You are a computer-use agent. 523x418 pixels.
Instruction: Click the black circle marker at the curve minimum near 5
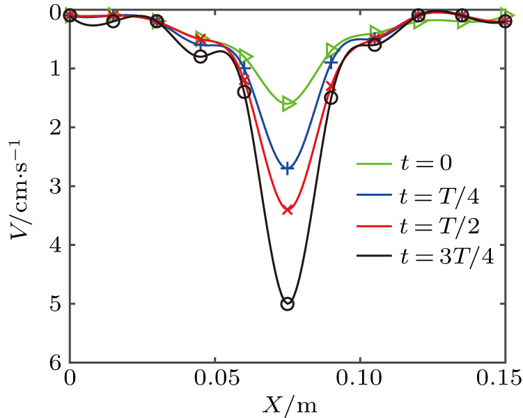(x=287, y=304)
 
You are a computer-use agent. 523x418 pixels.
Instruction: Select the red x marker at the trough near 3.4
(x=287, y=209)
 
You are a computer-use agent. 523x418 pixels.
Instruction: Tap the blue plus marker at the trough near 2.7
(x=287, y=168)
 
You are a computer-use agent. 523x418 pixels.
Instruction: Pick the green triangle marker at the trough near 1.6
(x=288, y=104)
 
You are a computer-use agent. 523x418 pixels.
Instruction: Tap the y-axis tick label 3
(x=54, y=186)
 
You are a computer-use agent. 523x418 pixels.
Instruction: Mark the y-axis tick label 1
(x=54, y=68)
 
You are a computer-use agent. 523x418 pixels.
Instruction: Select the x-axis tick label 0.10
(x=359, y=380)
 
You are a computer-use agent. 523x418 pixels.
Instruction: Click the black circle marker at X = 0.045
(x=201, y=56)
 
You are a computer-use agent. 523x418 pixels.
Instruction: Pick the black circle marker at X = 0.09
(x=331, y=98)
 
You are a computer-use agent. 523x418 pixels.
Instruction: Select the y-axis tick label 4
(x=54, y=245)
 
